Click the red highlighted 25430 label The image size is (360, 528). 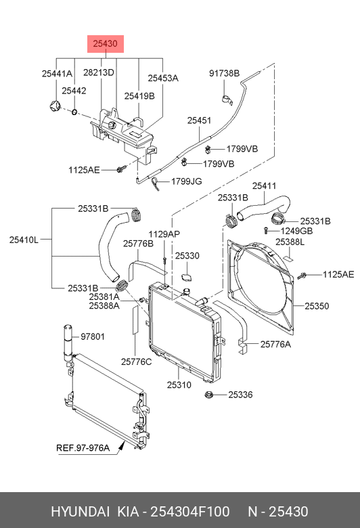tap(106, 44)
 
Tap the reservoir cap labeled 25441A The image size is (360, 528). tap(54, 106)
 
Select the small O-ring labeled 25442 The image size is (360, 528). tap(74, 112)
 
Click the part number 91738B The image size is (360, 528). tap(224, 73)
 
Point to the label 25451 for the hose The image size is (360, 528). tap(199, 120)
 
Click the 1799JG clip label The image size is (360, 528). tap(187, 181)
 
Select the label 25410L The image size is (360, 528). tap(24, 240)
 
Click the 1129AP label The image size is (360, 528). tap(164, 234)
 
